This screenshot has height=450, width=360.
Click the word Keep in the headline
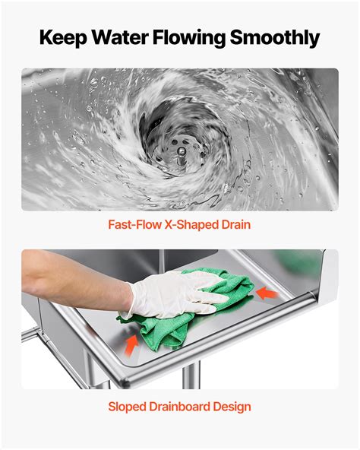63,37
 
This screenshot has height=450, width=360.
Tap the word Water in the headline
120,36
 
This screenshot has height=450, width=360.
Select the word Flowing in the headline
190,37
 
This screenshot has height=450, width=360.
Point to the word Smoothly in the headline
275,37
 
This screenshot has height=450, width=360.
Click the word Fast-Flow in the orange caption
134,224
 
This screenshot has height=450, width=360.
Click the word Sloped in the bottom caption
127,407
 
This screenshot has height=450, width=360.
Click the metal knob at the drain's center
181,152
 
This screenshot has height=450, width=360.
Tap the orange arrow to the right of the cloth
267,293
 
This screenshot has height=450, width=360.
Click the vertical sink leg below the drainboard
191,376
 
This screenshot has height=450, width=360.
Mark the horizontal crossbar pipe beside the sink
31,334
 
